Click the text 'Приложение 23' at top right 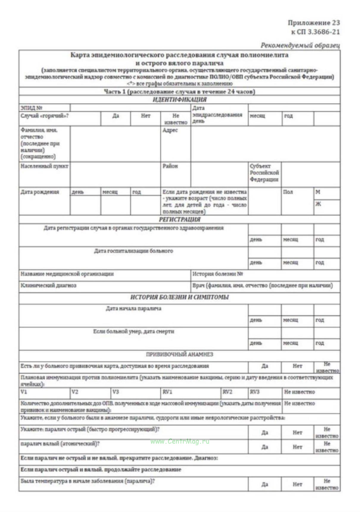314,23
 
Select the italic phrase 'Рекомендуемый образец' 300,45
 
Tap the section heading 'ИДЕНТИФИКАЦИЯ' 179,100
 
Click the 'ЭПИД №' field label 31,108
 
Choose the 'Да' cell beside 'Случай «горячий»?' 116,116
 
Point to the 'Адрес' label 170,130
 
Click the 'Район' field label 170,166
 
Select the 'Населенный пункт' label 44,166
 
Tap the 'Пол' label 288,192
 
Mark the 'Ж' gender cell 318,204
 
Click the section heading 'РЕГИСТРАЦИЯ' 179,220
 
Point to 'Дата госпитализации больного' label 133,251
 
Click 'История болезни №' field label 218,274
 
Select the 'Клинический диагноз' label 48,285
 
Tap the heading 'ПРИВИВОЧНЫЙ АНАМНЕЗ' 179,354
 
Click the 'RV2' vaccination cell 227,392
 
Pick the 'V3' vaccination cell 116,392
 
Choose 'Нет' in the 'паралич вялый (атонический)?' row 297,447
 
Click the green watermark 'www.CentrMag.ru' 180,441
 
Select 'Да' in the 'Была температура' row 264,484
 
